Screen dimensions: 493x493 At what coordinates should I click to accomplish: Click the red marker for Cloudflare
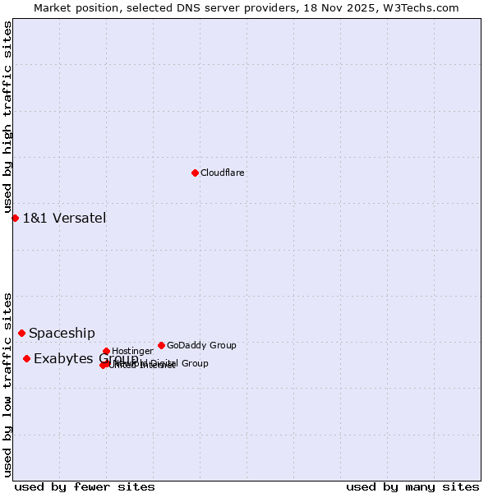coord(195,173)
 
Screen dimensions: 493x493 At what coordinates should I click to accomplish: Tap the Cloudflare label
coord(223,173)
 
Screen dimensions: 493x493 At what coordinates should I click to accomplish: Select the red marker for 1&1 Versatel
coord(15,218)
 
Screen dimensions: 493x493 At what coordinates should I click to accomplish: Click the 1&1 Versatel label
coord(64,219)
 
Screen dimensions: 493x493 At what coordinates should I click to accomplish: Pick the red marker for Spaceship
coord(21,333)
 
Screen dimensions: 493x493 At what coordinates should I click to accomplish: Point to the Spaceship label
coord(62,334)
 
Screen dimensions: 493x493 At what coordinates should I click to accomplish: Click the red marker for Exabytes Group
coord(26,358)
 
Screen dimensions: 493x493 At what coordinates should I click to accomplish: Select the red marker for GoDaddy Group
coord(161,345)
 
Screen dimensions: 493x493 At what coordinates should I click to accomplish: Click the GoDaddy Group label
coord(201,346)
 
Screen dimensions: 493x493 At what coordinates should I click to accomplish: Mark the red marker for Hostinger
coord(106,351)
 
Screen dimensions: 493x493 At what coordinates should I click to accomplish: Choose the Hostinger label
coord(132,352)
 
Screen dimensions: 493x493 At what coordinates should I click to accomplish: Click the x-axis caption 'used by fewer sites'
coord(85,486)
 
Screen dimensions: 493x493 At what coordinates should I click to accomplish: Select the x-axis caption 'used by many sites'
coord(412,486)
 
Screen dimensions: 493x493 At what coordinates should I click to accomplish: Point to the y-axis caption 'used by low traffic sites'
coord(7,384)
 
